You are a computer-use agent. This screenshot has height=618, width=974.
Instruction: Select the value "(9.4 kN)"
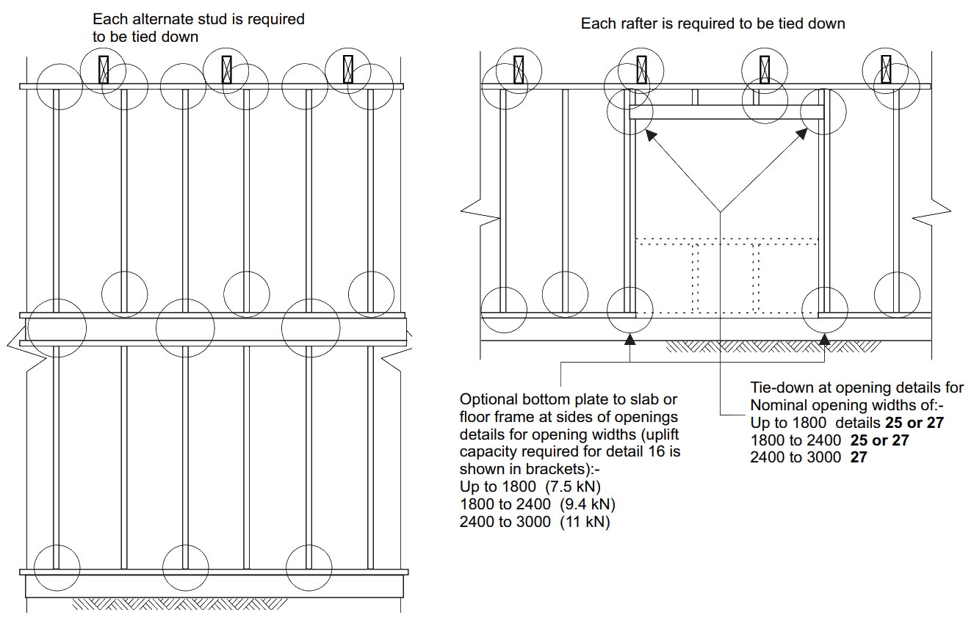click(587, 505)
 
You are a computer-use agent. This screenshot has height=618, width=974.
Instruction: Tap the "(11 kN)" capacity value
click(584, 522)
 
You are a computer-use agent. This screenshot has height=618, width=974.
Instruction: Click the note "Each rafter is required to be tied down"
click(713, 23)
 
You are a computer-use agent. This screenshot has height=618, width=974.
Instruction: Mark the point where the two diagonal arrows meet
click(723, 212)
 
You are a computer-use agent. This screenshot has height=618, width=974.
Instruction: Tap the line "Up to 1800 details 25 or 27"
click(845, 423)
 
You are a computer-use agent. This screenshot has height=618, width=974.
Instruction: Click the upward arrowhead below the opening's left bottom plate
click(631, 338)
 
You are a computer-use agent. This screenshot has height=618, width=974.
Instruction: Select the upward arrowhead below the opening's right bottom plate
click(825, 338)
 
